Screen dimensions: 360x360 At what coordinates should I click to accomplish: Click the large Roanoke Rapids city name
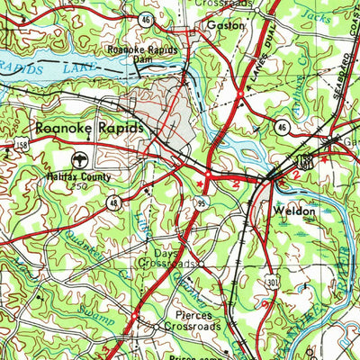(x=90, y=129)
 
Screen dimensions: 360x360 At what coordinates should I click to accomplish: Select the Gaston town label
(x=225, y=26)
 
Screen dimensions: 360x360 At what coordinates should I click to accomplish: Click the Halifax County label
(x=80, y=177)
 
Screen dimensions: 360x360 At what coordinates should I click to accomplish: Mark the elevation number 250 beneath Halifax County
(x=79, y=187)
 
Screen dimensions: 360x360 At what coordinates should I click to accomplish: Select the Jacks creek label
(x=310, y=15)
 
